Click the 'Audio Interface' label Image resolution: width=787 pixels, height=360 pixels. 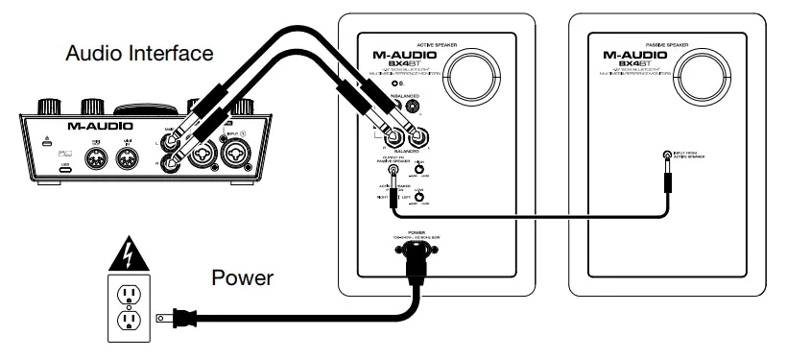coord(139,53)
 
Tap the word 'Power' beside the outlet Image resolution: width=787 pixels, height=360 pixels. coord(243,279)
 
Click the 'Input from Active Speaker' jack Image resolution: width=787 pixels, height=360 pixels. coord(668,156)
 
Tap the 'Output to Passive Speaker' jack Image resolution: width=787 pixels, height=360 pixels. coord(393,169)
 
